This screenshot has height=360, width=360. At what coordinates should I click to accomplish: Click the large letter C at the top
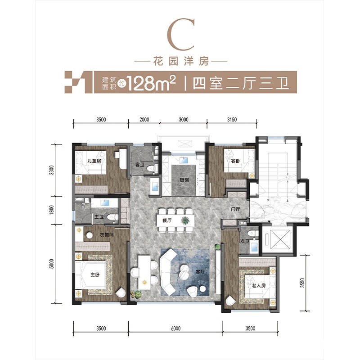click(x=181, y=35)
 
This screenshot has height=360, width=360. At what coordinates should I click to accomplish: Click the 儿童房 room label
click(x=94, y=161)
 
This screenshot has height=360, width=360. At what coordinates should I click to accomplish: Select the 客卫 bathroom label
click(x=140, y=165)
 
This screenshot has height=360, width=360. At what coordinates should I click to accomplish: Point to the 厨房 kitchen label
click(x=184, y=180)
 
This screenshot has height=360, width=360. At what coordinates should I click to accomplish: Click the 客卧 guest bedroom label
click(x=235, y=161)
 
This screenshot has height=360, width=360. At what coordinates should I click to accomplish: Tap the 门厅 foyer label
click(x=235, y=209)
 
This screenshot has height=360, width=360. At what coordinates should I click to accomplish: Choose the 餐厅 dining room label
click(x=167, y=220)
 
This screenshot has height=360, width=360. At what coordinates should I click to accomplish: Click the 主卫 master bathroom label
click(x=99, y=216)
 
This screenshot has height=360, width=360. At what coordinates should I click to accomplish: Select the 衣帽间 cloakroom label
click(x=106, y=235)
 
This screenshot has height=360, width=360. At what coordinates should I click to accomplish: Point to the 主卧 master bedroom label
click(x=95, y=274)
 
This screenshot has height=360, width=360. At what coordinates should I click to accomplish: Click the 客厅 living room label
click(x=200, y=272)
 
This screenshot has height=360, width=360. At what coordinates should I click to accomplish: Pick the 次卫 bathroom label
click(x=244, y=241)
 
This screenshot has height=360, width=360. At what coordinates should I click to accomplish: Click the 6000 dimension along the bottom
click(x=175, y=328)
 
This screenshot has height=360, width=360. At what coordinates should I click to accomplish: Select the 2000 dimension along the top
click(x=144, y=120)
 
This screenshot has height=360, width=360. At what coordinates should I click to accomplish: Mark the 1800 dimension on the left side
click(x=51, y=210)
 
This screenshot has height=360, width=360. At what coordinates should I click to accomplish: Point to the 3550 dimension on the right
click(x=302, y=283)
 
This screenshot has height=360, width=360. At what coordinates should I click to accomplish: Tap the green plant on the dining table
click(x=185, y=220)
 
